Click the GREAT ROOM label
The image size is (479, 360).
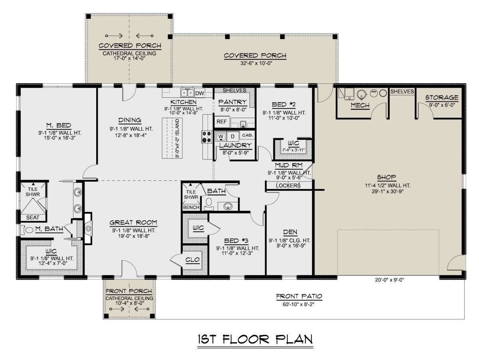133,222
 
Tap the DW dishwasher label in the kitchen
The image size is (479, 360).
200,93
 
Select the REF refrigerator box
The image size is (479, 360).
222,121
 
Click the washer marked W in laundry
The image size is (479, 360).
221,136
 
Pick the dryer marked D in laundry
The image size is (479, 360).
233,136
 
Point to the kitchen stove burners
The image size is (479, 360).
206,137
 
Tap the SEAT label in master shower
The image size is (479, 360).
32,217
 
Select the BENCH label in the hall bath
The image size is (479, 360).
191,207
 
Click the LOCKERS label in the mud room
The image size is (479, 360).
288,186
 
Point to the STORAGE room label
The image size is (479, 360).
442,97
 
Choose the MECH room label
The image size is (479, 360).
360,105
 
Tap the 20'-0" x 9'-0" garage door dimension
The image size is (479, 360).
390,280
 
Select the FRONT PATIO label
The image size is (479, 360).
299,296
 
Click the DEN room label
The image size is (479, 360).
290,232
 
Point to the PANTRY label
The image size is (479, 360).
233,102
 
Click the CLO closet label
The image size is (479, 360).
192,260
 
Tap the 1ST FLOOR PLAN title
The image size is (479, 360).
255,340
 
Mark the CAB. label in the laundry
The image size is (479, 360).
247,135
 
